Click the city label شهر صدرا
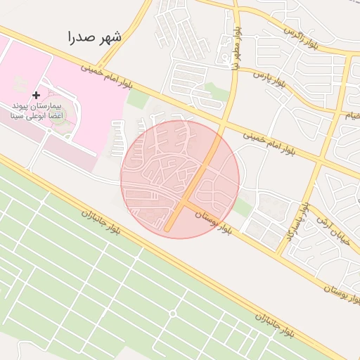click(x=95, y=37)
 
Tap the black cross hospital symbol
click(x=37, y=94)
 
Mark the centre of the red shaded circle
click(x=180, y=179)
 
